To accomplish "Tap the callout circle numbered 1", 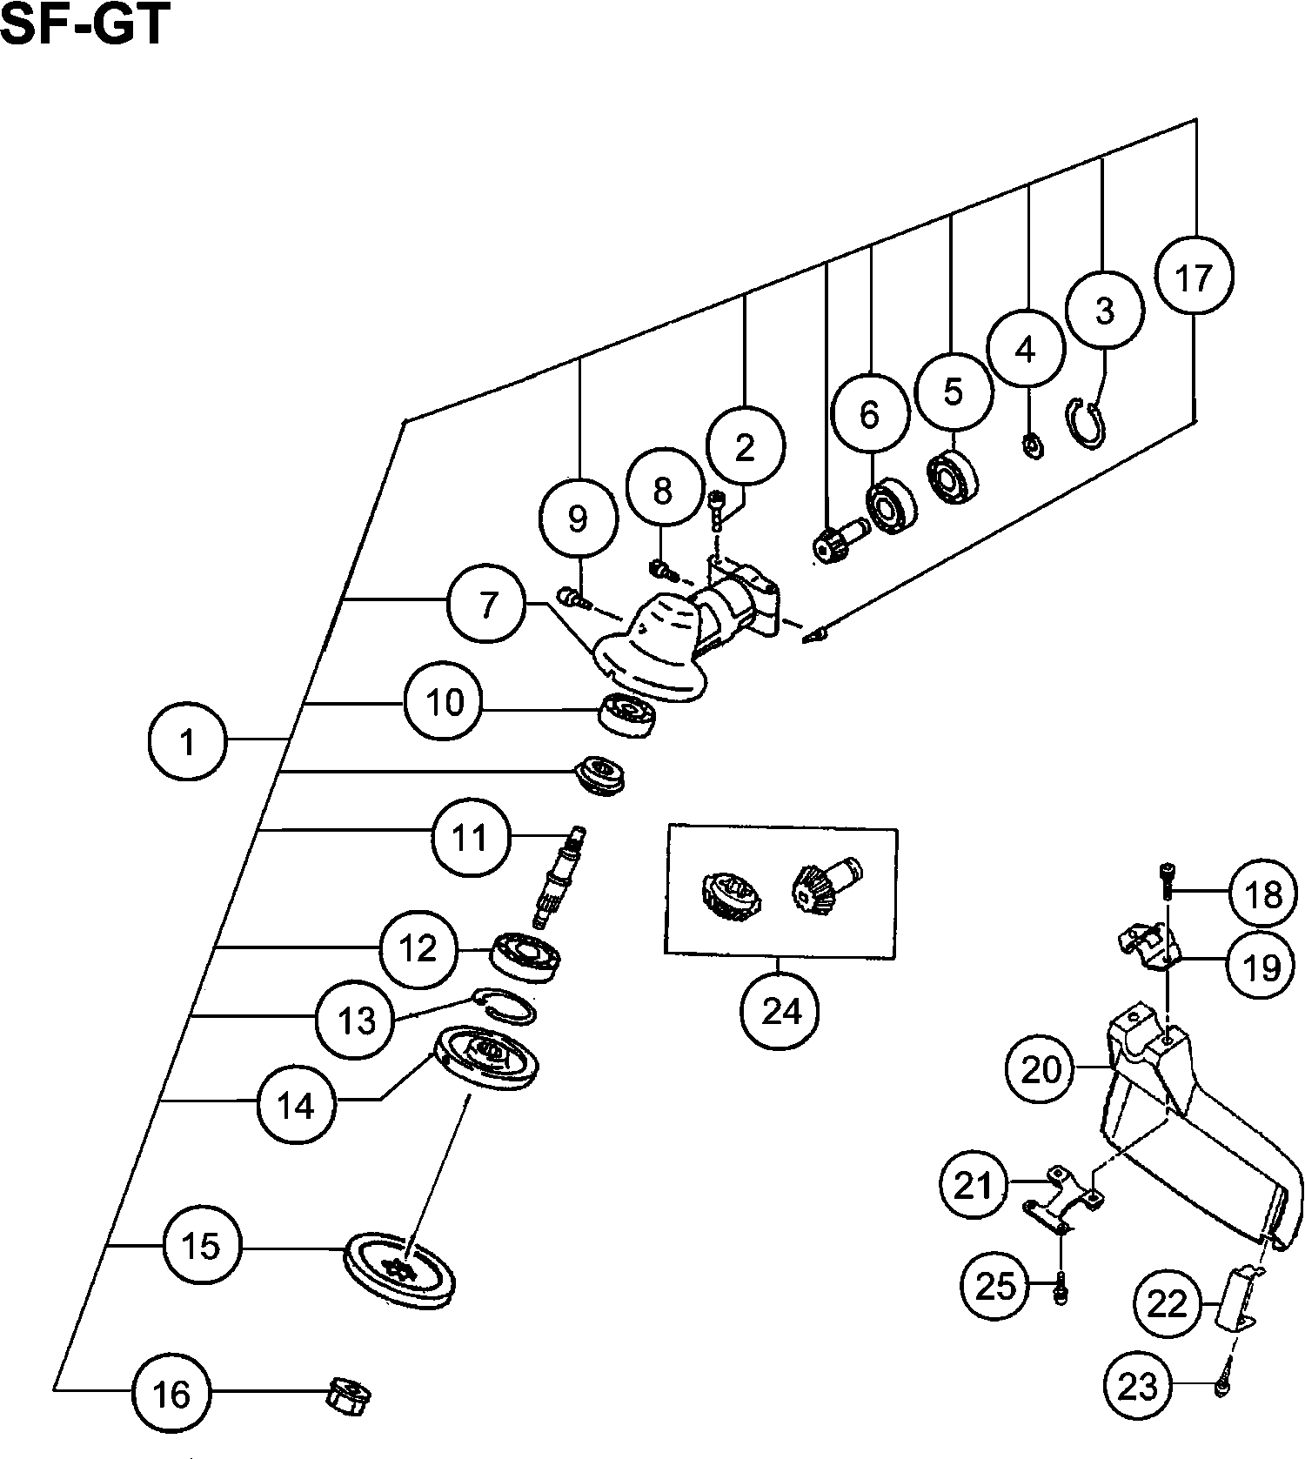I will tap(186, 742).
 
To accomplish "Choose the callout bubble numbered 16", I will tap(171, 1394).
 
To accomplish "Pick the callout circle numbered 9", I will tap(578, 519).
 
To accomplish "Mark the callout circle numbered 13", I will tap(355, 1020).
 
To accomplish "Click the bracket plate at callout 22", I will tap(1235, 1301).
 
